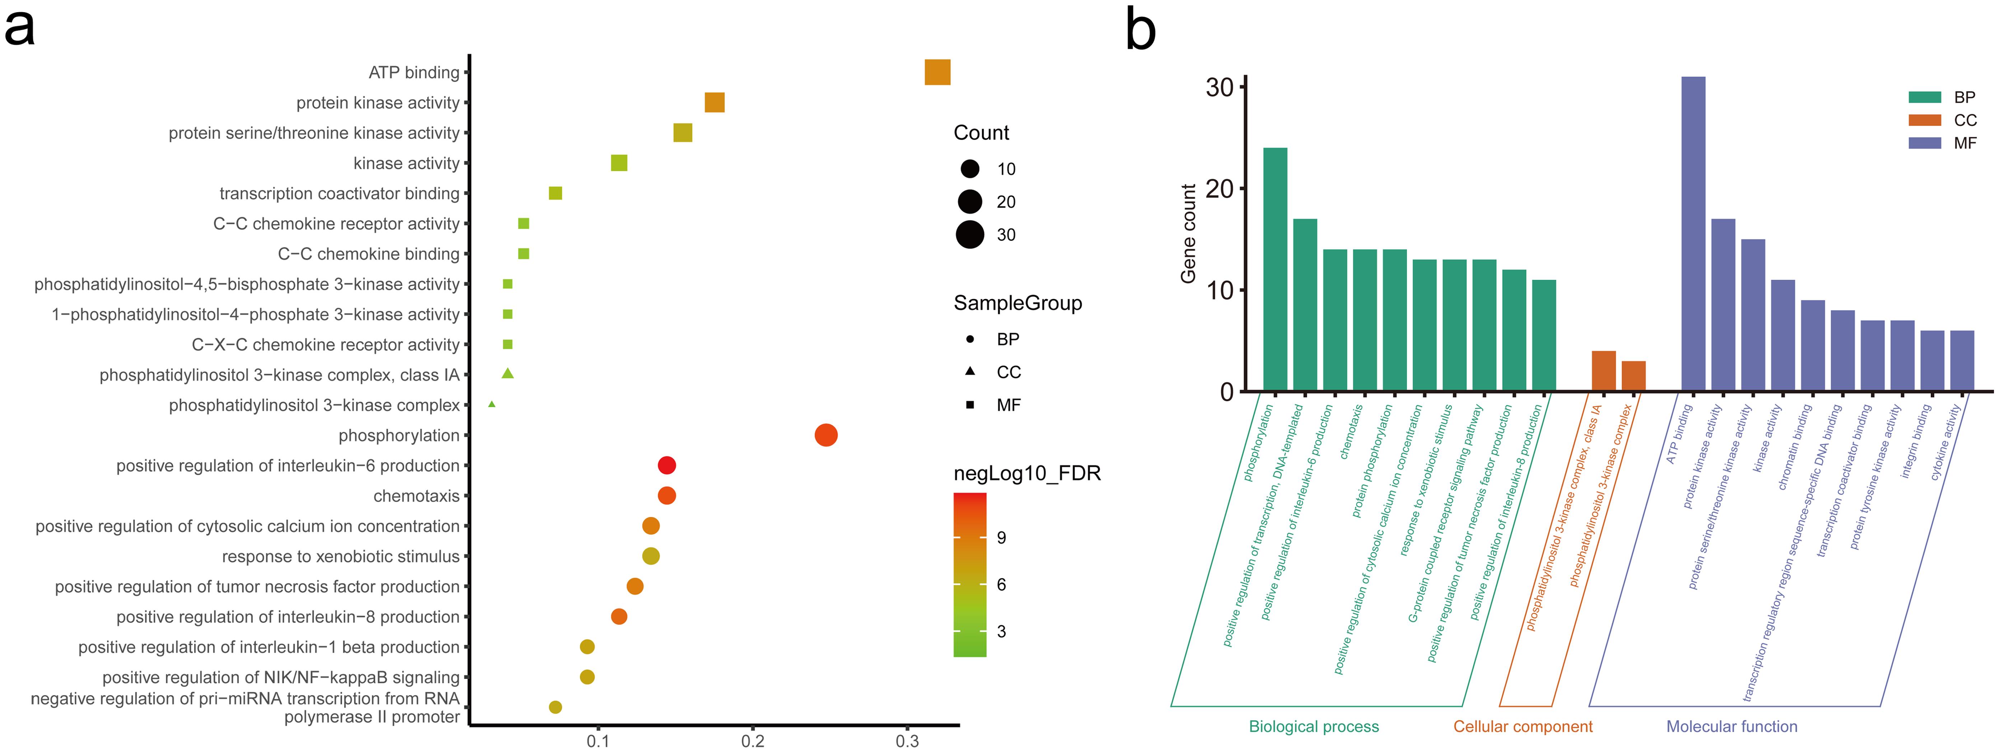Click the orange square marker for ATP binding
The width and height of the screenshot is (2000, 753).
(937, 72)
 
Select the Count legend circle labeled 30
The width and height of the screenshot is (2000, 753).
(970, 234)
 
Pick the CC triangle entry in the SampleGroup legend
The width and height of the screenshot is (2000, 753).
(970, 372)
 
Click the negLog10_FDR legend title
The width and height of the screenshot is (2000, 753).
(1027, 473)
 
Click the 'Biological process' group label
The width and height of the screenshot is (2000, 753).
(1314, 726)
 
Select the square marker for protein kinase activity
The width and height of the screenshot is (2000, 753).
(714, 103)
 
